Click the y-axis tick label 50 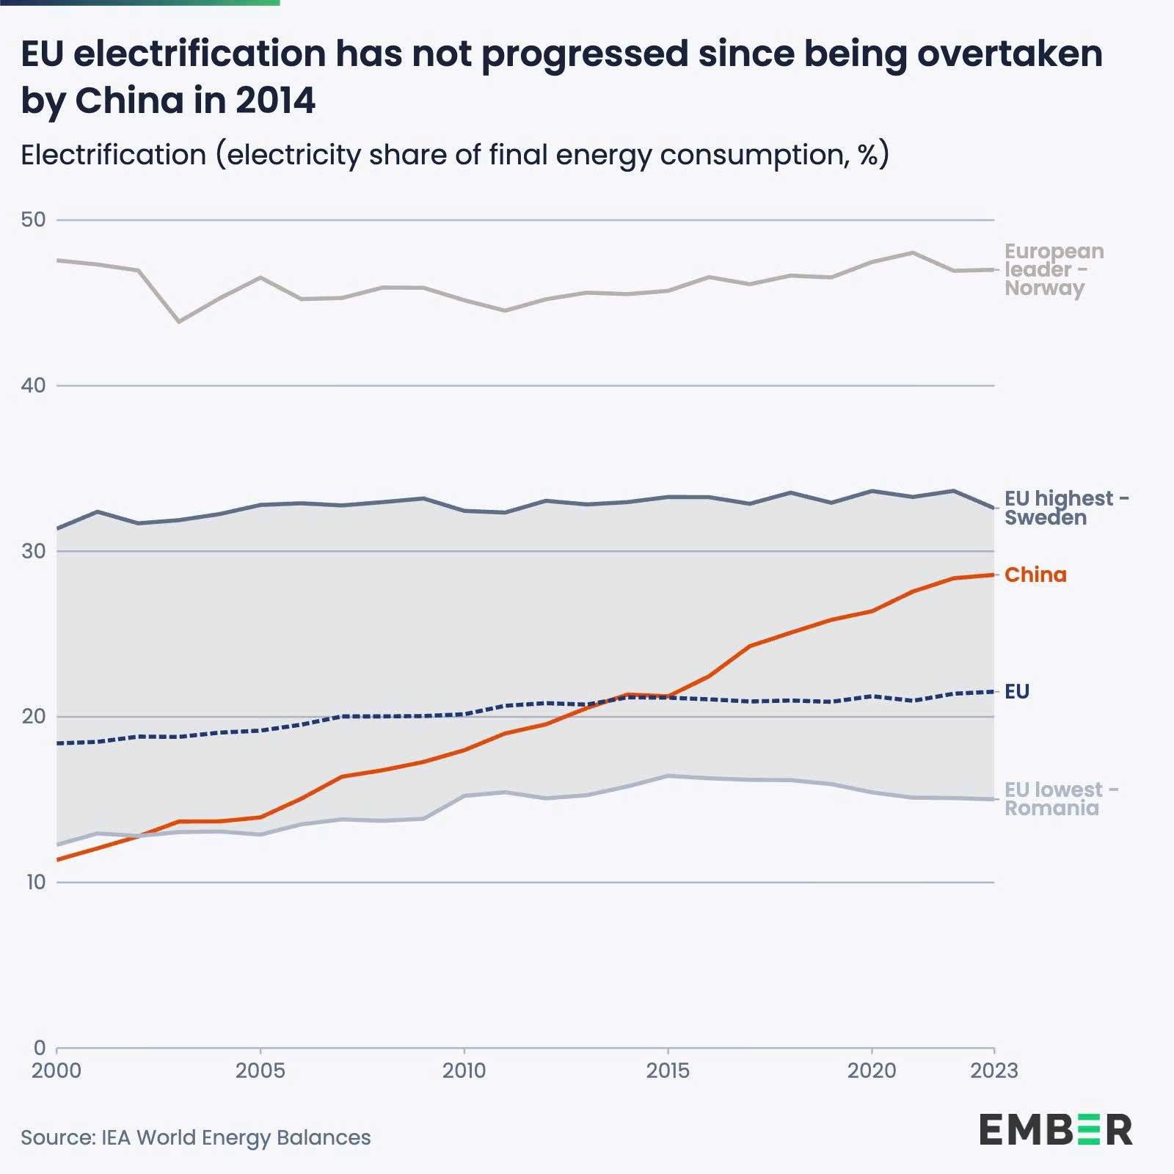click(33, 219)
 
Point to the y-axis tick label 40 click(33, 385)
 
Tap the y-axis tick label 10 click(35, 882)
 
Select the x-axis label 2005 click(260, 1071)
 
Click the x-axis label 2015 click(668, 1071)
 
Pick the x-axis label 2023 click(993, 1071)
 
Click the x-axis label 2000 click(56, 1071)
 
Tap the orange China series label click(1035, 575)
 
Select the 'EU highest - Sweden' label click(1066, 508)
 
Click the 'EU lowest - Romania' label click(1061, 799)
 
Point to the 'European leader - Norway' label click(1054, 269)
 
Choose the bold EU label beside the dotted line click(1017, 691)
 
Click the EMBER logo click(1055, 1129)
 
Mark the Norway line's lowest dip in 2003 click(179, 321)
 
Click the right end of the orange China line click(993, 575)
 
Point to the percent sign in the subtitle click(867, 155)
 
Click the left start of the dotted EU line click(58, 743)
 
